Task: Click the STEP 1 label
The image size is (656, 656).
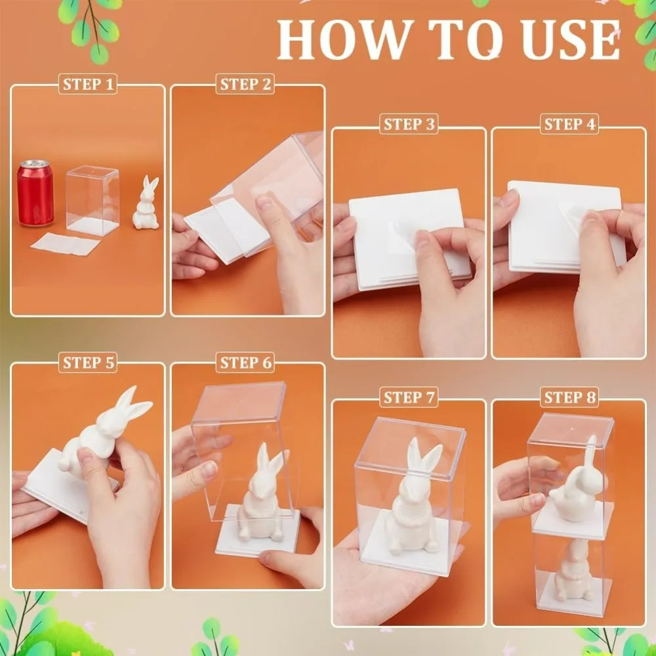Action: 88,84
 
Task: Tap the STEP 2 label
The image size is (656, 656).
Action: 245,84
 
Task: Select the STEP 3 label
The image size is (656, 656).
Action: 409,124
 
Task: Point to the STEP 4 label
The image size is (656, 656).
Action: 569,124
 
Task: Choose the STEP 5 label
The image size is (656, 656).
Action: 88,362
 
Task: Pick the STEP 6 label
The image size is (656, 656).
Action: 245,362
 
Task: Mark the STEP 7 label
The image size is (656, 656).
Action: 409,397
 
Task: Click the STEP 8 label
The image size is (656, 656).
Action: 569,397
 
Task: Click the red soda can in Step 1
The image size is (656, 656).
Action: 35,193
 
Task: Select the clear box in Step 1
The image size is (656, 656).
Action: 93,200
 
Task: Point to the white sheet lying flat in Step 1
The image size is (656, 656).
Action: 66,244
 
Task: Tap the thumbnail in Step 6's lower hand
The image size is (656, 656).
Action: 266,557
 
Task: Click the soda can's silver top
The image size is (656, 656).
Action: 34,163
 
